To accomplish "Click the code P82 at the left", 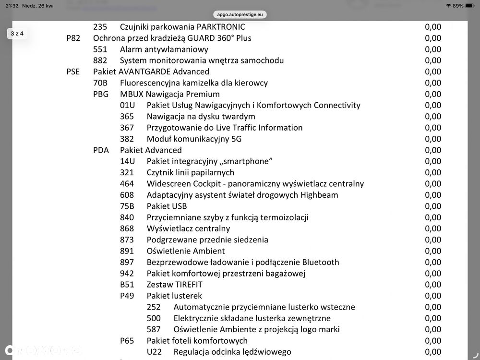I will (73, 38).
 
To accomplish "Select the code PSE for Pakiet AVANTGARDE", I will (73, 72).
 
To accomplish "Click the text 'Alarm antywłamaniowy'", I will (164, 49).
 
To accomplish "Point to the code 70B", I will (100, 83).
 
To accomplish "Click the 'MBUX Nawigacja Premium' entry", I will (169, 94).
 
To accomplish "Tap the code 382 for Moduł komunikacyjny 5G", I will (127, 139).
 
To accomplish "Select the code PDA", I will (101, 150).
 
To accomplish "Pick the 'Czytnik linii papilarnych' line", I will (190, 172).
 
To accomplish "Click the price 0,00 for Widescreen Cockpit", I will (432, 184).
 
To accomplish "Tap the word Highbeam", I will (319, 195).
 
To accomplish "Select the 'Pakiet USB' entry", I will (166, 206).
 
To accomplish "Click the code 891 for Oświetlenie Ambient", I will (127, 251).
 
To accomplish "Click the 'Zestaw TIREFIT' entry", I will (172, 285).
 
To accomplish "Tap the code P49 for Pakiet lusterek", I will (127, 296).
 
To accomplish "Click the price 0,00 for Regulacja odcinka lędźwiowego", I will (432, 352).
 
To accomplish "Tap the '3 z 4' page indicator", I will (17, 34).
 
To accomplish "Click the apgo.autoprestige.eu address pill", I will (240, 15).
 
